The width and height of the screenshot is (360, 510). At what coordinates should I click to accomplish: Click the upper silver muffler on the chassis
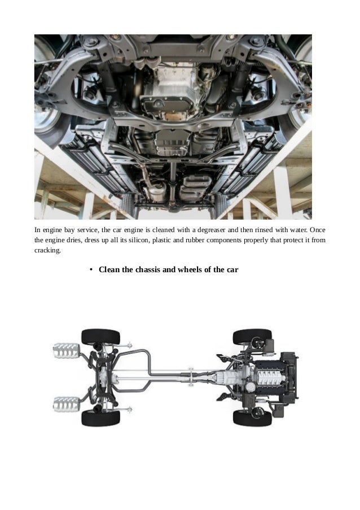(x=65, y=350)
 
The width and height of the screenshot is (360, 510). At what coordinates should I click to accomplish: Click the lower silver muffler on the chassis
(x=65, y=404)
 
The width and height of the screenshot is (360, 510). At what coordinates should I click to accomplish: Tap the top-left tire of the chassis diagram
(x=100, y=337)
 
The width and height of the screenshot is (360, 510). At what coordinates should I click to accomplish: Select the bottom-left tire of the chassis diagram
(x=100, y=417)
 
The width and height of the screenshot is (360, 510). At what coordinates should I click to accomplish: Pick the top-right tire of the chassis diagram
(x=252, y=337)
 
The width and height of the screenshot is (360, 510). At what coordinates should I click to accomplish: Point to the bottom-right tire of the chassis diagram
(x=252, y=417)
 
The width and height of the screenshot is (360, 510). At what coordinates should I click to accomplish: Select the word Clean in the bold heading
(x=109, y=269)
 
